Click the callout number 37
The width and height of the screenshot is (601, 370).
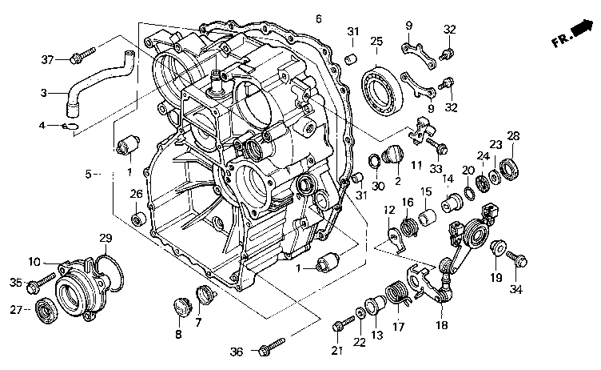point(49,58)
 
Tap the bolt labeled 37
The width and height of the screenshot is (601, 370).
point(79,58)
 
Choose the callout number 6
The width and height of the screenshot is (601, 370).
point(318,18)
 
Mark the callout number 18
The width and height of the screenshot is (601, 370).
point(442,326)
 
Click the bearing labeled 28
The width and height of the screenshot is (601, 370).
point(510,167)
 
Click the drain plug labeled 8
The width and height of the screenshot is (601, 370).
point(180,306)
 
